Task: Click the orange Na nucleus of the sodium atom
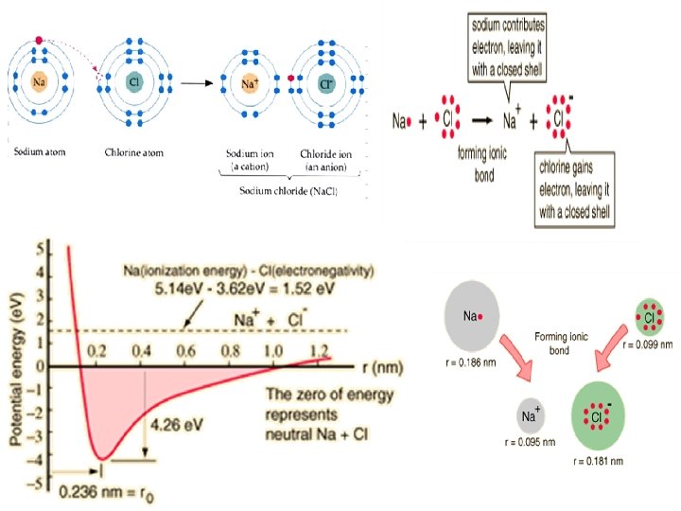39,82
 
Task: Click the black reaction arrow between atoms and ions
195,83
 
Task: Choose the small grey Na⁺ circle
531,414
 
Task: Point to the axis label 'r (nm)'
363,365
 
